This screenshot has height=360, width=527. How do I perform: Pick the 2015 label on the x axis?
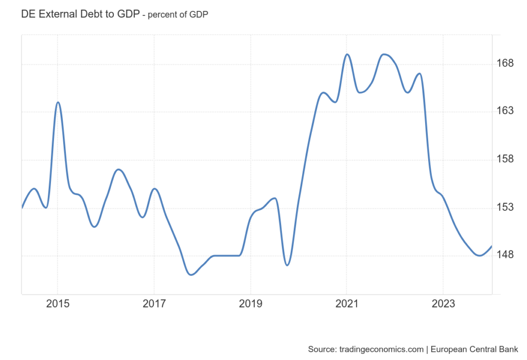coord(58,304)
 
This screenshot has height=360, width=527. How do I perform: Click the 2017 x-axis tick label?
coord(154,304)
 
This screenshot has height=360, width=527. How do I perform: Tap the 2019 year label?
coord(250,304)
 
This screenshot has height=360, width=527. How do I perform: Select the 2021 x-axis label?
coord(346,304)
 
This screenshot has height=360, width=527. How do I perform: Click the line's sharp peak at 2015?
coord(58,102)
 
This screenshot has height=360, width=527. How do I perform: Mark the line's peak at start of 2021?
coord(347,54)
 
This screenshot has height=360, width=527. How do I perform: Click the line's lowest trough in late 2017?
coord(191,275)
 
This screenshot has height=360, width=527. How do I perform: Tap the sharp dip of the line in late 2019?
coord(287,265)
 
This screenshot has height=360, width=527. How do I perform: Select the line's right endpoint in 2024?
coord(492,246)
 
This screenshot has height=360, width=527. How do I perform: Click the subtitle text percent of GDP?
coord(178,15)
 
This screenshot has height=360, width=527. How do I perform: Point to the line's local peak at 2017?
coord(154,189)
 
